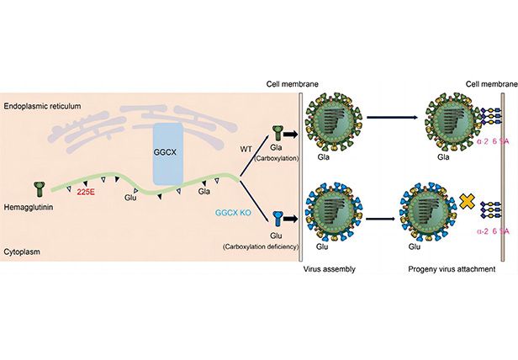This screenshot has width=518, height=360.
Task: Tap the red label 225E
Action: click(x=86, y=192)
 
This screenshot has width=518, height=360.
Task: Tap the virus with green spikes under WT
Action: click(x=338, y=127)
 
